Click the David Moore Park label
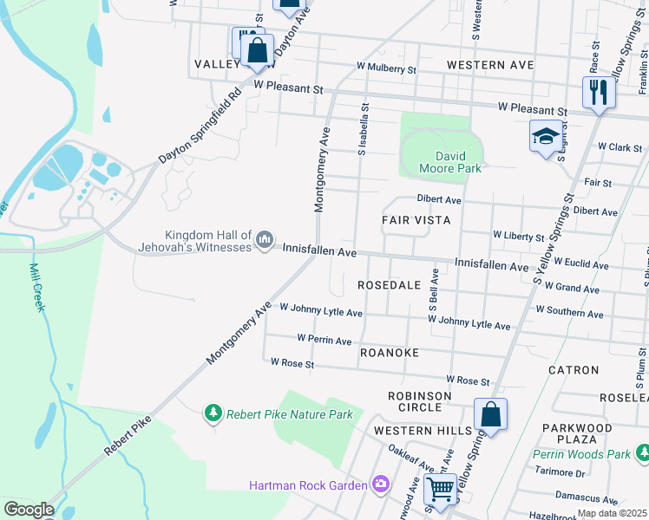449,162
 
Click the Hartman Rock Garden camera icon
380,484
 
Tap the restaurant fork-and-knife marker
598,92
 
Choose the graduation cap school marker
545,136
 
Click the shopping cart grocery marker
441,490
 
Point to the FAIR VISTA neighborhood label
416,220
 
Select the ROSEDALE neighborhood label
389,284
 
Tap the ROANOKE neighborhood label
390,353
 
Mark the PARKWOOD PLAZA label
577,434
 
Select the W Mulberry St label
386,67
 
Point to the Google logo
29,510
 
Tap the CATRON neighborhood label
574,369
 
